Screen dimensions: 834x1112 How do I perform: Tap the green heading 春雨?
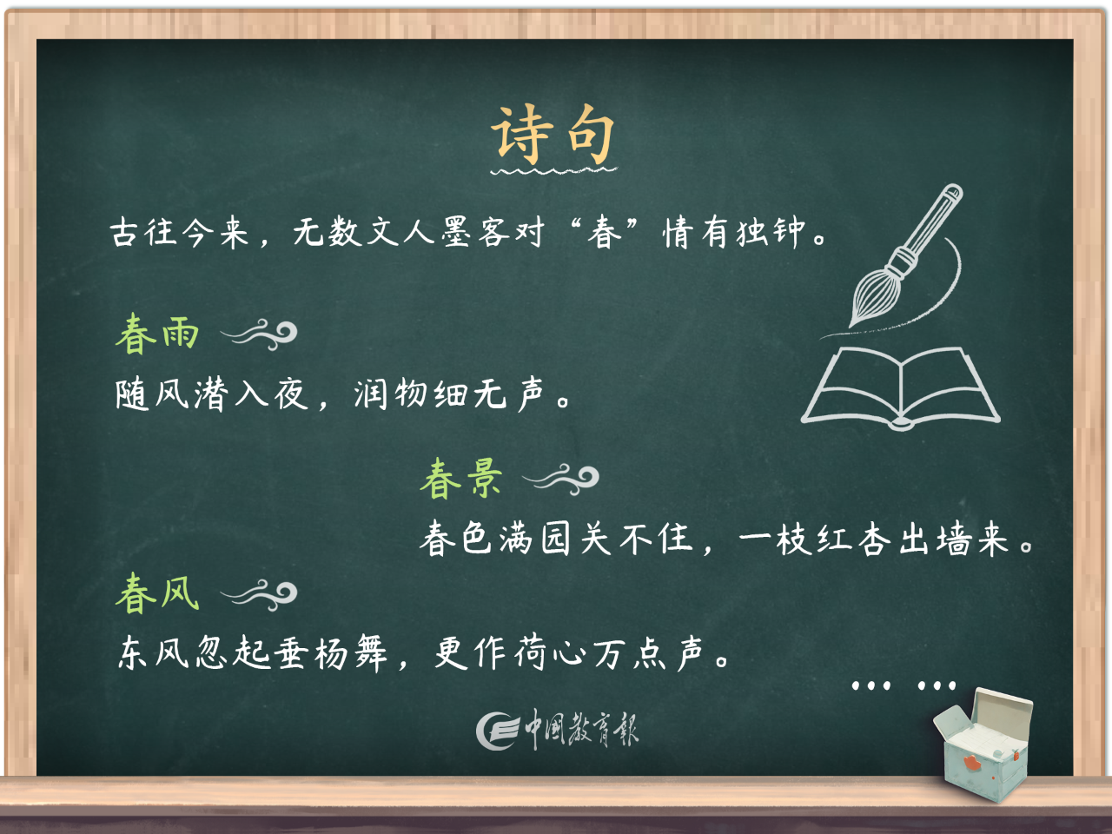(157, 334)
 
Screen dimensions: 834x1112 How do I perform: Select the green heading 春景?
(461, 479)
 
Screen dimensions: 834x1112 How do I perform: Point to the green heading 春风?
(157, 594)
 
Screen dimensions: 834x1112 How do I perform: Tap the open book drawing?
(901, 387)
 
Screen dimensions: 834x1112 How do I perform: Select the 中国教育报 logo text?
(581, 730)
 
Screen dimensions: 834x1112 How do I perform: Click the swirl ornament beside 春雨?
(260, 334)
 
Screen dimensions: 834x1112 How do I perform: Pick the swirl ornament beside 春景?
(562, 479)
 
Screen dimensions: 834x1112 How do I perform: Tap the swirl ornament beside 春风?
(260, 594)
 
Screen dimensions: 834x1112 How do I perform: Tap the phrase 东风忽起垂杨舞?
(253, 652)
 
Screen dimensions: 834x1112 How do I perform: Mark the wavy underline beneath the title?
(553, 170)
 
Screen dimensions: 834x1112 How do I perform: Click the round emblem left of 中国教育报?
(497, 731)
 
